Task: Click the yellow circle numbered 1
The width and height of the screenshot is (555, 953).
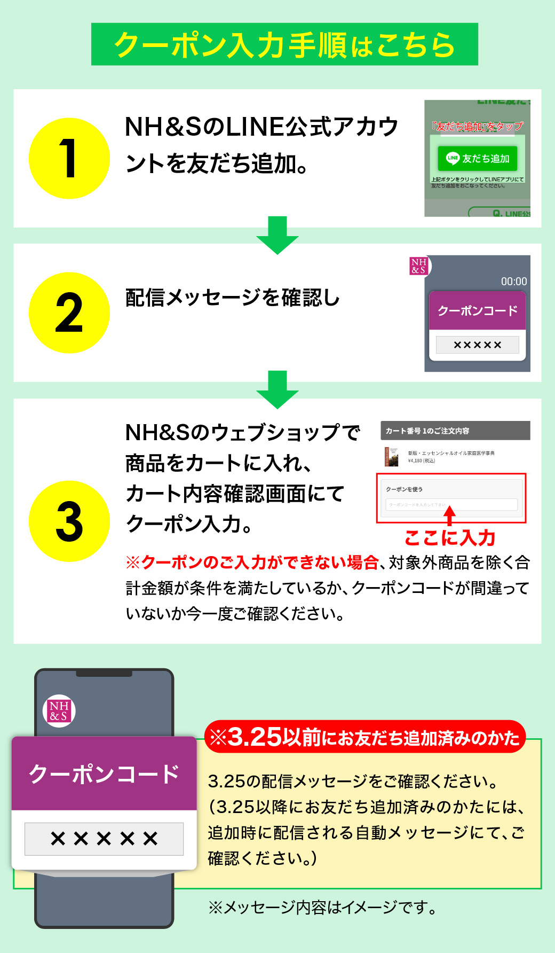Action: point(69,159)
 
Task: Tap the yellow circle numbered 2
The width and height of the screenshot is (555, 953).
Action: point(69,313)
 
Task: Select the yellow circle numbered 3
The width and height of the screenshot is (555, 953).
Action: point(69,521)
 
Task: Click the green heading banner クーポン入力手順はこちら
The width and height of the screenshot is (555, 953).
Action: point(284,44)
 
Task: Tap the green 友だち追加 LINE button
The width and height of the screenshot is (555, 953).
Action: point(478,158)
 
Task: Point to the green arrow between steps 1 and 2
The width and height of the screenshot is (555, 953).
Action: point(277,235)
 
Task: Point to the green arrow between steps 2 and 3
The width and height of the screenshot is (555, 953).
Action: point(277,389)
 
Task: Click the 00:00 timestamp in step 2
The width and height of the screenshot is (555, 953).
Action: point(513,282)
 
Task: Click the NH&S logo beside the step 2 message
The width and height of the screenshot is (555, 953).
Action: point(419,266)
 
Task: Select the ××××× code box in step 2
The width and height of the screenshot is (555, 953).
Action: point(477,345)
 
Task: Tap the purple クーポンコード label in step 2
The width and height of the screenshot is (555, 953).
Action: point(478,311)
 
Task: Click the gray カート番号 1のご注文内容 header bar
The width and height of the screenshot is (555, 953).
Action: point(455,431)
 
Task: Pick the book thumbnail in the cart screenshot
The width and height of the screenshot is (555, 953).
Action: point(392,457)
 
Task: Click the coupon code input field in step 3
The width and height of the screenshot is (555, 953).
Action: point(451,504)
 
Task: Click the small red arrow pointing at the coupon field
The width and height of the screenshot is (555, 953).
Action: point(450,515)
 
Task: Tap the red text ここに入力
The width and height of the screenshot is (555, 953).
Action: point(450,538)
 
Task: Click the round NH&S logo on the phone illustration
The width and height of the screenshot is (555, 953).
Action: point(59,711)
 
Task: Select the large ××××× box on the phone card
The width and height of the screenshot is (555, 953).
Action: point(104,839)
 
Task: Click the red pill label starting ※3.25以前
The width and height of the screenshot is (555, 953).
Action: point(365,738)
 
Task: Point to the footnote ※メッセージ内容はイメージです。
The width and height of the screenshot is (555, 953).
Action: point(323,907)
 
